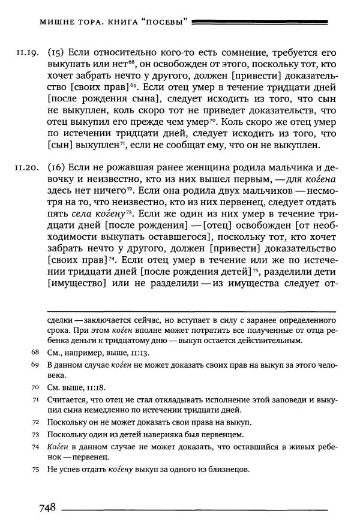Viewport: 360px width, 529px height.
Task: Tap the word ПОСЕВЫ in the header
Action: [163, 23]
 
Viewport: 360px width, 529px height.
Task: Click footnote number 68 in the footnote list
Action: [35, 353]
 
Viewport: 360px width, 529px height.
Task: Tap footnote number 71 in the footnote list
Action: [35, 399]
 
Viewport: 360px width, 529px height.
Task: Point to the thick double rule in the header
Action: [263, 23]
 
